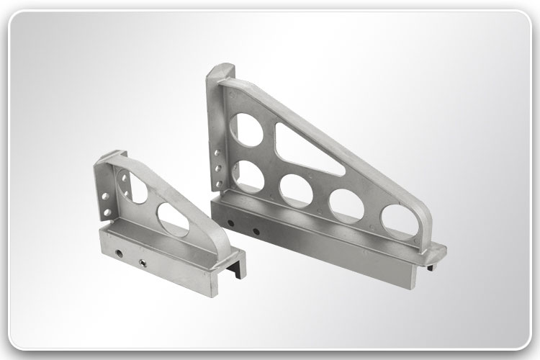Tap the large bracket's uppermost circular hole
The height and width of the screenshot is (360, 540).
[x=246, y=130]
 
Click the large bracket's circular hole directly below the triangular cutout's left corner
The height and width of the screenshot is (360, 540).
[x=296, y=190]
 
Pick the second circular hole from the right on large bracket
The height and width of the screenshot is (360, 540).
[x=346, y=204]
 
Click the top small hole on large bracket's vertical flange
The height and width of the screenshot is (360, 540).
[x=218, y=153]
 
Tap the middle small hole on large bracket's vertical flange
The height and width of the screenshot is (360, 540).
[x=218, y=167]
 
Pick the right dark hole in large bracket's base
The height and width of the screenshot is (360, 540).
[x=256, y=231]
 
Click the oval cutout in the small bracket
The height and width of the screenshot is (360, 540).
[x=173, y=220]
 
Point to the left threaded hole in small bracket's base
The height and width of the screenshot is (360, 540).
[x=117, y=251]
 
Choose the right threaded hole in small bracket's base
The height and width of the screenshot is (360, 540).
[x=143, y=261]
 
